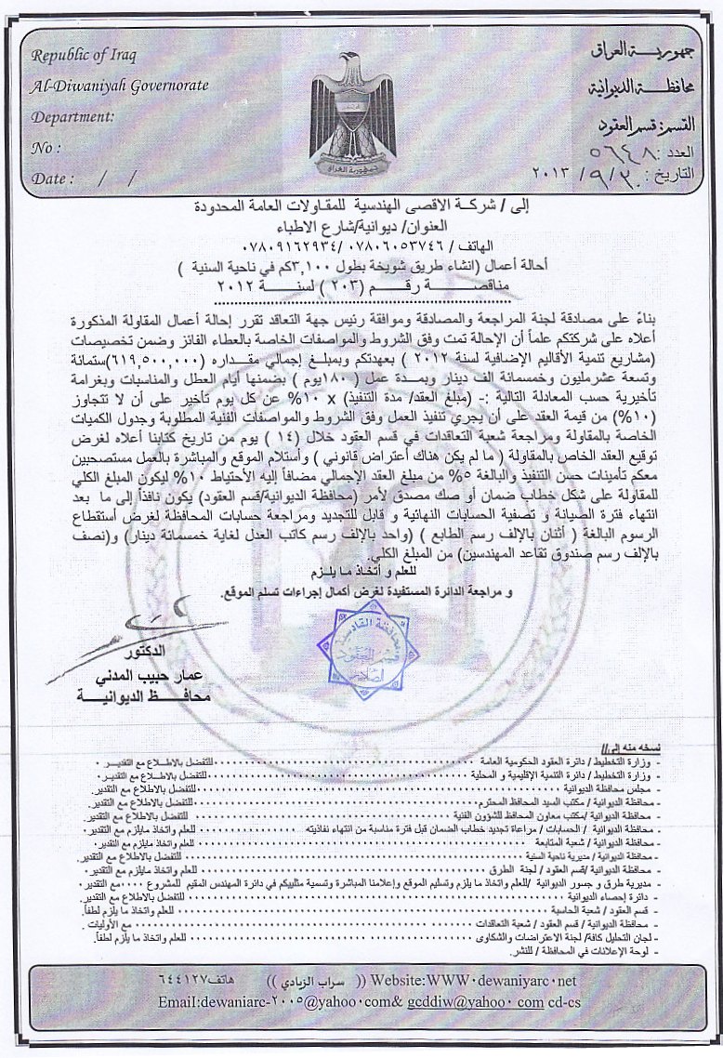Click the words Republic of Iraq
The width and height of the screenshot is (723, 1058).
pos(84,55)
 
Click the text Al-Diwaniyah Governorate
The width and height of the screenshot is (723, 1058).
pos(117,86)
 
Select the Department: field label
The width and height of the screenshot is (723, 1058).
pos(72,117)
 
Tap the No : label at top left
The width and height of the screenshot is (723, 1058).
pos(47,147)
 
